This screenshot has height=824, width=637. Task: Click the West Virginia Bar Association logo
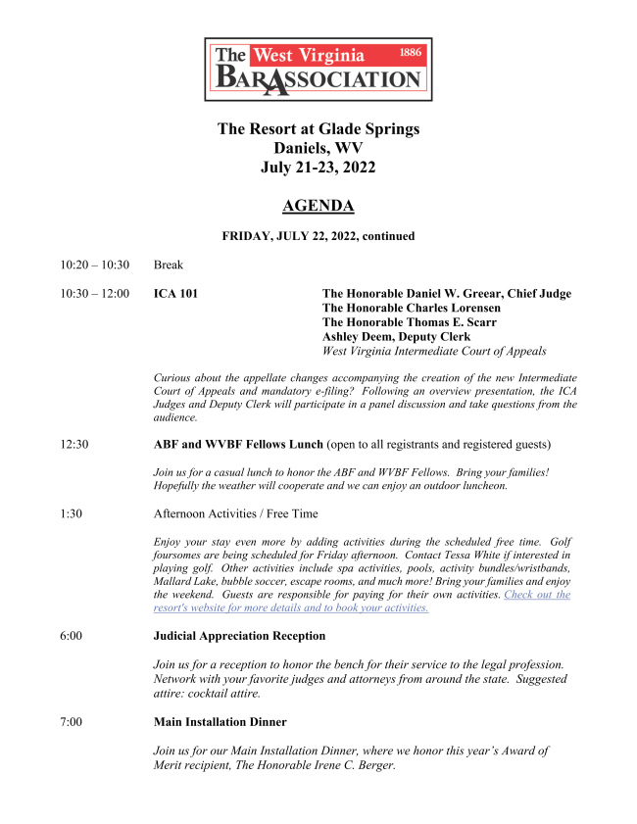tap(318, 70)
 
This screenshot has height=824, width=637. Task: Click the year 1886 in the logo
tap(411, 52)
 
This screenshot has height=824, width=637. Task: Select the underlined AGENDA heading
tap(318, 206)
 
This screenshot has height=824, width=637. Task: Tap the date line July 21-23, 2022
tap(318, 168)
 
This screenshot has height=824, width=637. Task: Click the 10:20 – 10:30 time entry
tap(94, 265)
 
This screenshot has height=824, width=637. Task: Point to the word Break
tap(169, 265)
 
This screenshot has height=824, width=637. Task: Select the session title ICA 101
tap(175, 294)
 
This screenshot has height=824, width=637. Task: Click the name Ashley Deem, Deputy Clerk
tap(396, 337)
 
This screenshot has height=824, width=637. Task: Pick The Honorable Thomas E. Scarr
tap(409, 322)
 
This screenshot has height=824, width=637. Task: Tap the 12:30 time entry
tap(73, 444)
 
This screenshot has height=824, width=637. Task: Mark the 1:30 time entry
tap(70, 513)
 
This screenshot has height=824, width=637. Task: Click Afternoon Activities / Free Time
tap(235, 513)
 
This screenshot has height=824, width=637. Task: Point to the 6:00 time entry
tap(70, 636)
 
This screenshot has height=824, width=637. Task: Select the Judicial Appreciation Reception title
tap(239, 636)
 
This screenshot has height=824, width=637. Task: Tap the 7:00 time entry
tap(70, 722)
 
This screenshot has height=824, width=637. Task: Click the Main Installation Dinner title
tap(220, 722)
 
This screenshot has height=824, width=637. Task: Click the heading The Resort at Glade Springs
tap(318, 129)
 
